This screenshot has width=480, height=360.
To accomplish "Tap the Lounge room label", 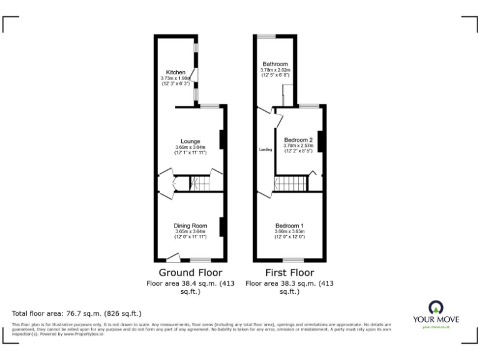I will (x=190, y=141).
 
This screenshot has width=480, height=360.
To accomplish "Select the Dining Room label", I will (x=190, y=226).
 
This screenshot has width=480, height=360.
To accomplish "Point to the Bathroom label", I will (x=275, y=64).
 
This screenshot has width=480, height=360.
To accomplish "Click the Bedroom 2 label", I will (x=297, y=139).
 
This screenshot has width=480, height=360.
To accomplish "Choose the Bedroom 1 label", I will (x=289, y=226).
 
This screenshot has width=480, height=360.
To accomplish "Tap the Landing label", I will (x=266, y=149).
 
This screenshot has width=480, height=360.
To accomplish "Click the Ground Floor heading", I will (x=190, y=272).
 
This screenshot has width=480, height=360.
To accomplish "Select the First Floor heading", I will (x=289, y=272).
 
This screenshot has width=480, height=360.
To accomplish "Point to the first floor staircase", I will (x=291, y=184).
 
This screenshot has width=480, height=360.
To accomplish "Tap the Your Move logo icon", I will (x=436, y=307).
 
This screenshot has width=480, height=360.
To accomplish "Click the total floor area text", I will (x=77, y=313).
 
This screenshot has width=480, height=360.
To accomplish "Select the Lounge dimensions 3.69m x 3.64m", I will (x=190, y=147).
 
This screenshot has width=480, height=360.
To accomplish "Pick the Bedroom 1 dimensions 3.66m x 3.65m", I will (x=289, y=232).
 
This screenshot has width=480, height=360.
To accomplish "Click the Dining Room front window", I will (x=201, y=259).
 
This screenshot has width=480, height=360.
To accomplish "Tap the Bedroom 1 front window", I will (x=294, y=259).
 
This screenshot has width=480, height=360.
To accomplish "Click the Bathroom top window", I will (x=266, y=36).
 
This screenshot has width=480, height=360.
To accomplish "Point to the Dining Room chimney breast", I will (x=222, y=226).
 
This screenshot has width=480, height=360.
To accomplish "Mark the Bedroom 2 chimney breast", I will (x=320, y=141).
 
